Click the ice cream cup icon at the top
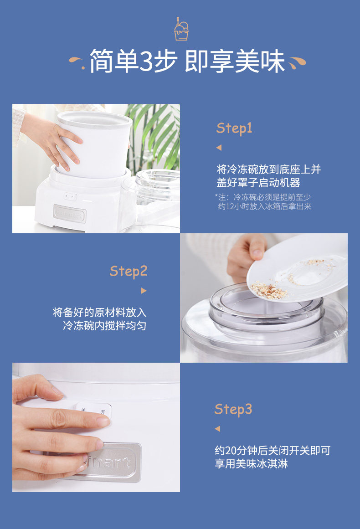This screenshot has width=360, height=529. click(x=181, y=29)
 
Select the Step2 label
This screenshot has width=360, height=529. click(x=129, y=272)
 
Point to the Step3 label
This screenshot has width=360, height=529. click(x=233, y=410)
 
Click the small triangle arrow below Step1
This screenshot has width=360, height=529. click(x=219, y=148)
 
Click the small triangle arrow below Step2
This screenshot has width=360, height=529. click(x=144, y=291)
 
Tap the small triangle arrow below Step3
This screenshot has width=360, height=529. click(x=218, y=428)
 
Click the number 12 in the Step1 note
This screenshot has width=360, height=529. click(x=230, y=206)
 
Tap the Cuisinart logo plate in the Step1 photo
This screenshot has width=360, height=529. click(x=70, y=213)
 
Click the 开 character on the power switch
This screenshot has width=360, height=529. click(x=103, y=412)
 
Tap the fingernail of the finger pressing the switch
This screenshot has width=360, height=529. click(x=103, y=421)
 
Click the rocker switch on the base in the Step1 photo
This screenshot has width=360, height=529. click(x=71, y=196)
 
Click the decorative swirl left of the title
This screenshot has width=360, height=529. click(x=77, y=62)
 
